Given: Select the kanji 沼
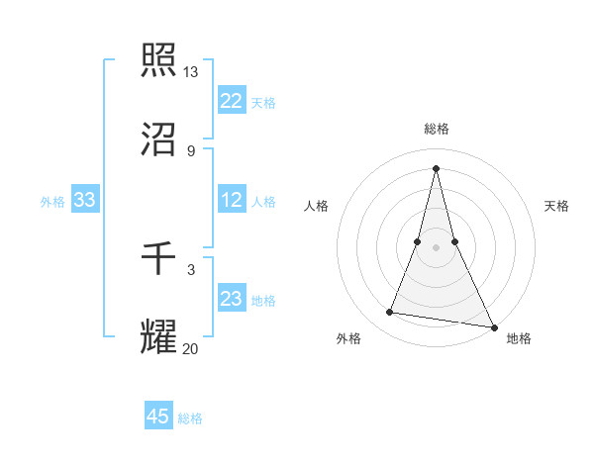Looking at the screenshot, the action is click(159, 140).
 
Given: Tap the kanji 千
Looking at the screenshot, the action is click(159, 259).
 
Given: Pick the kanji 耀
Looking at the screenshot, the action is click(159, 337).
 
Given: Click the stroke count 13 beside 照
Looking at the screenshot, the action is click(191, 72).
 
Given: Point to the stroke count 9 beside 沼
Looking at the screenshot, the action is click(191, 151).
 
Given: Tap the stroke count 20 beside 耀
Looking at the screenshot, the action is click(191, 348).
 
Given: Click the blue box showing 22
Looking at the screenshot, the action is click(232, 101).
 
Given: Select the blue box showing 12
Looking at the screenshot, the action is click(232, 200).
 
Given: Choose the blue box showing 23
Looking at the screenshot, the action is click(232, 299).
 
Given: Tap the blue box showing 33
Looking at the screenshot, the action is click(85, 200).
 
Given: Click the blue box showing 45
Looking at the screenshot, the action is click(158, 417).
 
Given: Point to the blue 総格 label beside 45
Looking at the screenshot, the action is click(190, 418).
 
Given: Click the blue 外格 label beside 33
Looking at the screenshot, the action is click(52, 201).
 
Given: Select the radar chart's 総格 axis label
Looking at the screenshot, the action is click(437, 129).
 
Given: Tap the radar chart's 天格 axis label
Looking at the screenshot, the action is click(557, 206).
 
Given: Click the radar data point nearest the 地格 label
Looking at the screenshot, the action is click(494, 326).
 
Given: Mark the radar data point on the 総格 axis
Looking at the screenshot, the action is click(437, 167).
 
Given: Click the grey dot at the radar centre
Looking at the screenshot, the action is click(437, 246).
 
